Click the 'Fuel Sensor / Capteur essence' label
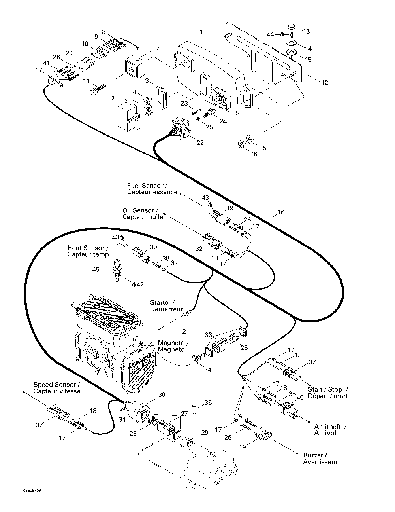click(152, 189)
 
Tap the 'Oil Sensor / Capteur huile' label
click(143, 214)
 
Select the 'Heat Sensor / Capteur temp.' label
click(89, 251)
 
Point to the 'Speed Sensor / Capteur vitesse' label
click(56, 388)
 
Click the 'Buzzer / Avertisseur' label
click(320, 459)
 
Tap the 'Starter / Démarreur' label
click(167, 305)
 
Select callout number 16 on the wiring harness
click(281, 212)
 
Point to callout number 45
click(96, 269)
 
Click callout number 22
click(200, 142)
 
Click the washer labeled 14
click(292, 44)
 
